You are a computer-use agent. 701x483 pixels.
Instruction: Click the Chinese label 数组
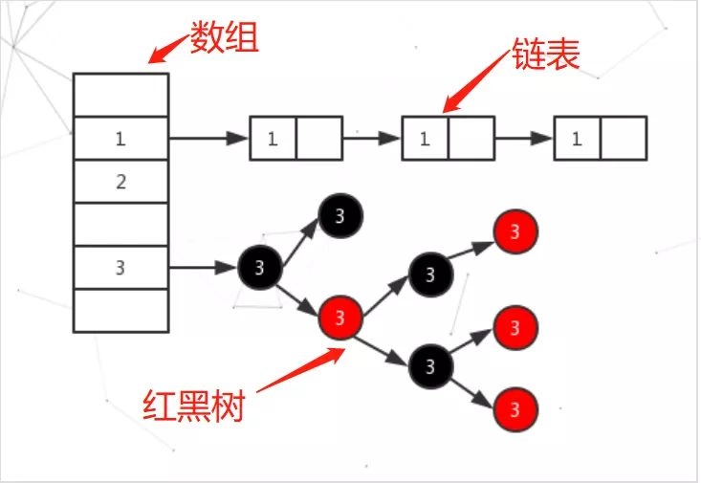(x=224, y=39)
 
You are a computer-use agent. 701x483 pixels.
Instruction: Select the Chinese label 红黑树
(x=193, y=406)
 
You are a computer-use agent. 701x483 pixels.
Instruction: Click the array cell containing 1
(x=120, y=139)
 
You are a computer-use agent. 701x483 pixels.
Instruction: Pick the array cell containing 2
(x=120, y=182)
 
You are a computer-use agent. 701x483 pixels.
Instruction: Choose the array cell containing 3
(x=120, y=268)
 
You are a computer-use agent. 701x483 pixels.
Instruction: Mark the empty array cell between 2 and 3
(x=120, y=225)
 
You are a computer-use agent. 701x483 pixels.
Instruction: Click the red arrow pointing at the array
(x=168, y=48)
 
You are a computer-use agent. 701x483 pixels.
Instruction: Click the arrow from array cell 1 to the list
(x=208, y=139)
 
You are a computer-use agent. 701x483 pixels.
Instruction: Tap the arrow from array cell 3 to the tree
(x=203, y=268)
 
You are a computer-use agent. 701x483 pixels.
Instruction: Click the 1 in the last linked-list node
(x=577, y=139)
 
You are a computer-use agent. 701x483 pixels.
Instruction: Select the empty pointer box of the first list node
(x=318, y=139)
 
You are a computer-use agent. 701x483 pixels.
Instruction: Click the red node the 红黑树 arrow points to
(x=343, y=315)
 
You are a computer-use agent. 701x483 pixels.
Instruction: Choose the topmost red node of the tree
(x=515, y=231)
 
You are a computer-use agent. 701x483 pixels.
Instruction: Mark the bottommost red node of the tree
(x=515, y=411)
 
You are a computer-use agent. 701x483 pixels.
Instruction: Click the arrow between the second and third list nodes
(x=524, y=139)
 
